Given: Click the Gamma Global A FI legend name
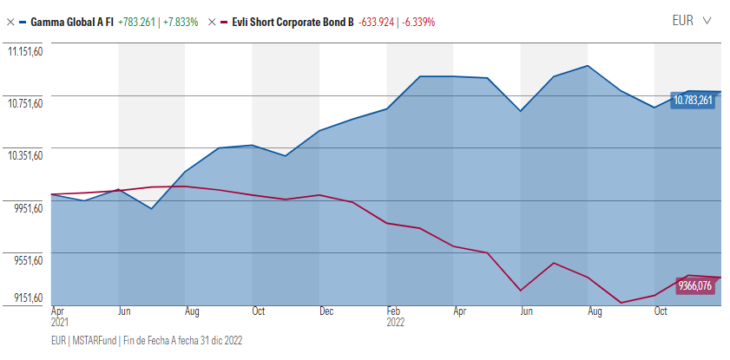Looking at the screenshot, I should [x=71, y=21].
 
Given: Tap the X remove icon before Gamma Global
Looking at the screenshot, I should [x=10, y=21].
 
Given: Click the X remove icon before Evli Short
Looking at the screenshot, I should [x=212, y=21].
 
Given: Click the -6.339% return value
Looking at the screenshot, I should [x=417, y=21].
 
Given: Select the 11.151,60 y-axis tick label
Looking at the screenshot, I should [x=25, y=52].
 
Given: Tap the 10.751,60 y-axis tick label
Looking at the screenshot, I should [x=25, y=104].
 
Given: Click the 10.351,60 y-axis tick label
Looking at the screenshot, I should [x=25, y=156].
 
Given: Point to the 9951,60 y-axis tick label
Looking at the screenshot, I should [x=25, y=208].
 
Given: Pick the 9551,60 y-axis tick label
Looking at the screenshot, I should [x=25, y=260].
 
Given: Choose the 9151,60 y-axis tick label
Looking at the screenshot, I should [x=25, y=298].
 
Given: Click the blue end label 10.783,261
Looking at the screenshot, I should [x=693, y=101].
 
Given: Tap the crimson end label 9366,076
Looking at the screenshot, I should [x=694, y=285].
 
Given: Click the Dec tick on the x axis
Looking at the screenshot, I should [x=326, y=311].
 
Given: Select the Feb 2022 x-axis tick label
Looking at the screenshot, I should [x=394, y=315].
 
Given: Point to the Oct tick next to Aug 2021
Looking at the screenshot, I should [x=259, y=311].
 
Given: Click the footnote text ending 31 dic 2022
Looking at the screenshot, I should [x=147, y=341].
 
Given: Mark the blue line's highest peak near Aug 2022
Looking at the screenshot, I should [x=589, y=66].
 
